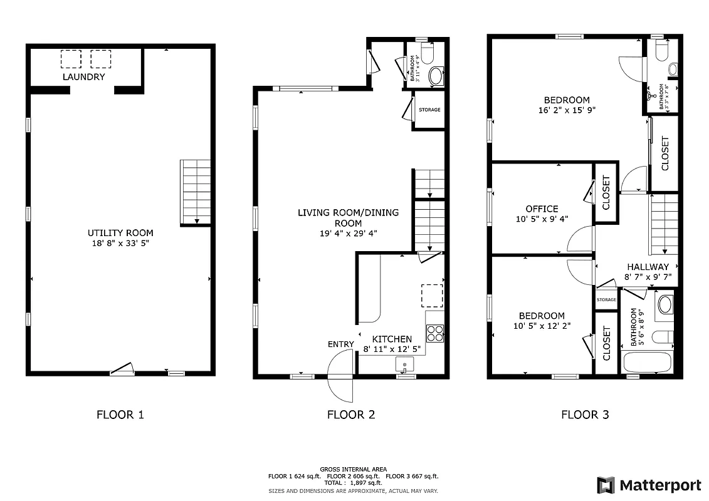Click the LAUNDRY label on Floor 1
[x=83, y=77]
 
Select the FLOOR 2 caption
[x=350, y=415]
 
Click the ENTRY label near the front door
[x=340, y=344]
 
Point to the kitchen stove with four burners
[x=435, y=333]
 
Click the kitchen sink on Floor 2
[x=405, y=364]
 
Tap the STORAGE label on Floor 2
[x=429, y=110]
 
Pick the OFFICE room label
[x=542, y=209]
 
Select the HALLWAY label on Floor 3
[x=648, y=267]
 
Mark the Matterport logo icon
[x=606, y=485]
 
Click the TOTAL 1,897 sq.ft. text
[x=352, y=483]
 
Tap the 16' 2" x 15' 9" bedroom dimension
[x=566, y=110]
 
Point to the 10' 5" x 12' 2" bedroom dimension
[x=542, y=326]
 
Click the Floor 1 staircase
[x=196, y=191]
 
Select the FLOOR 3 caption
[x=584, y=415]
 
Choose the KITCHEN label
[x=392, y=339]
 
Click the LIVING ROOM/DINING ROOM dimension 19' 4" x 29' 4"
[x=348, y=233]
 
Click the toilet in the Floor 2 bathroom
[x=428, y=54]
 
